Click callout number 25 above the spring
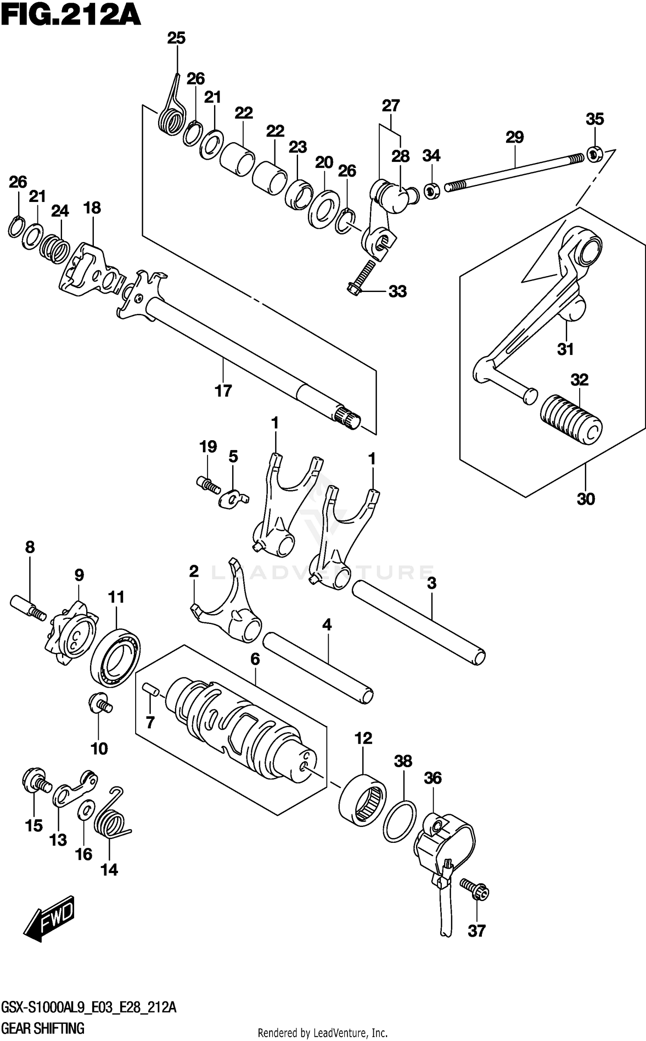click(x=176, y=38)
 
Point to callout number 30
click(x=585, y=499)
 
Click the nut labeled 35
click(x=593, y=154)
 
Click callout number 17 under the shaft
click(x=223, y=391)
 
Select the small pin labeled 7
click(x=151, y=688)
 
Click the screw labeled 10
click(x=99, y=704)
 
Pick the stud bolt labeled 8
click(x=28, y=607)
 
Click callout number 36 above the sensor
click(x=432, y=778)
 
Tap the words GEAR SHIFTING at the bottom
click(x=43, y=1029)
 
